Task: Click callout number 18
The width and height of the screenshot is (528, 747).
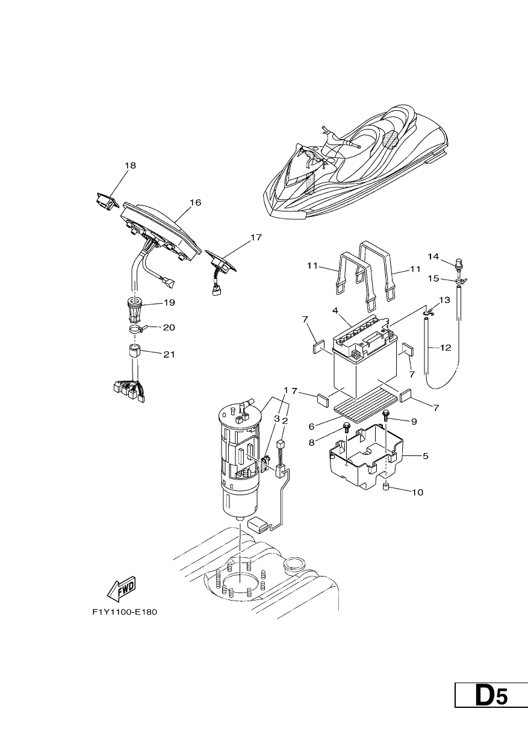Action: click(130, 166)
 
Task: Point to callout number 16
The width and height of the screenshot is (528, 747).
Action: click(196, 202)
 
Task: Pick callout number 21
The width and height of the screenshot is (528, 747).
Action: click(169, 354)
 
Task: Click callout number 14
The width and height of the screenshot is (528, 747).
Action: click(433, 257)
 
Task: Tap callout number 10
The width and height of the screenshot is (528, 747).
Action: click(417, 492)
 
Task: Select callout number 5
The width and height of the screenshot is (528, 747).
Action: click(425, 456)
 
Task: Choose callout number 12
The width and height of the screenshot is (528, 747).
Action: click(446, 348)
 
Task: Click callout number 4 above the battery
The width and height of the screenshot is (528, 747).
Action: click(335, 310)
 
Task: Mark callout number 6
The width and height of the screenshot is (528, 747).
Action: click(312, 426)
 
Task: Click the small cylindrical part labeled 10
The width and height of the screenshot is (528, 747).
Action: click(386, 487)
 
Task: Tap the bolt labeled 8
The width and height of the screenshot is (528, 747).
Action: click(346, 428)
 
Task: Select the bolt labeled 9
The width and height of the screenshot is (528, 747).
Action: click(386, 415)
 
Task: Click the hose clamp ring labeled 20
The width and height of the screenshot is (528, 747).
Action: click(135, 330)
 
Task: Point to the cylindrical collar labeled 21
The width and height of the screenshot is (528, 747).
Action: click(135, 351)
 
